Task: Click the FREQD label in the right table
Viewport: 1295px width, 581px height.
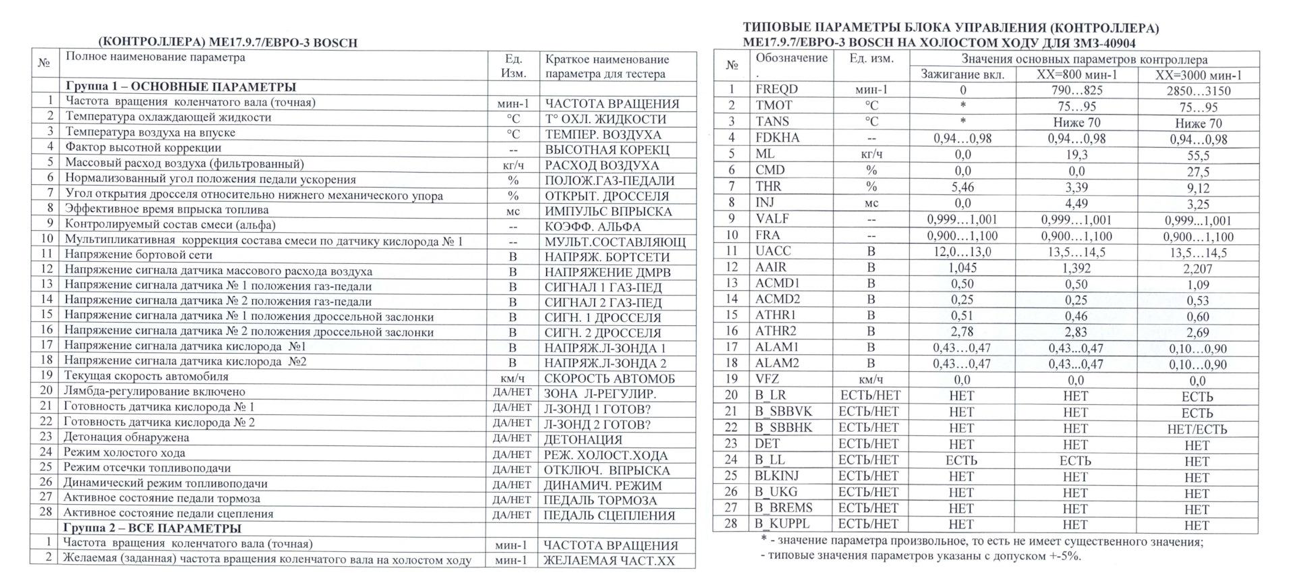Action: tap(776, 90)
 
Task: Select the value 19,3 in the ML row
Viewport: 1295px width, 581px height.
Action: tap(1076, 155)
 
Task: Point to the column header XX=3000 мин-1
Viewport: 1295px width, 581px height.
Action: tap(1198, 75)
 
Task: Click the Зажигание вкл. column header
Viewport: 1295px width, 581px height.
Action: tap(962, 74)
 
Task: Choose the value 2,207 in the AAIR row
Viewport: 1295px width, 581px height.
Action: tap(1197, 269)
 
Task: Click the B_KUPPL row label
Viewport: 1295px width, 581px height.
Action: tap(782, 524)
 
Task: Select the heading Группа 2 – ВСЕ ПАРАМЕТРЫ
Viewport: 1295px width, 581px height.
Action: tap(152, 528)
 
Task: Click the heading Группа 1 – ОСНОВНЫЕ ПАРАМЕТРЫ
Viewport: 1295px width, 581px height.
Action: tap(180, 87)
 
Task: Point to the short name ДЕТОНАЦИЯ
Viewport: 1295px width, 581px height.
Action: tap(583, 439)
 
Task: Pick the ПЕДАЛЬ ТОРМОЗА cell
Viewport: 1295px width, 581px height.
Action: tap(600, 501)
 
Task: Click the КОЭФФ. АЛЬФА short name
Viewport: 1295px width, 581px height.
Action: tap(593, 227)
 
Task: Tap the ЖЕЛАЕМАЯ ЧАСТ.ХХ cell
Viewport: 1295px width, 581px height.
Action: tap(608, 561)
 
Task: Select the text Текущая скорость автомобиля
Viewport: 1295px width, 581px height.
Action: tap(146, 377)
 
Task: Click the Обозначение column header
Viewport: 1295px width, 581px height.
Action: tap(791, 58)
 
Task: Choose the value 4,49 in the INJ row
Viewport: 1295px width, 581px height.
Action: tap(1076, 203)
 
